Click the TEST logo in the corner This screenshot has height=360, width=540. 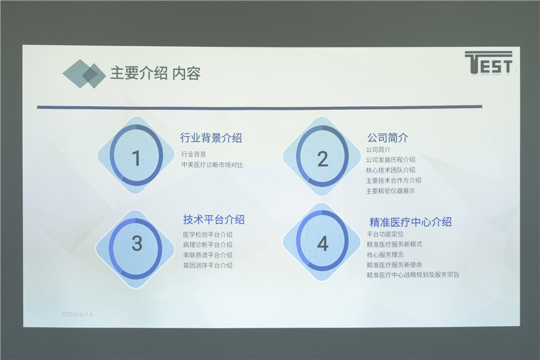[488, 62]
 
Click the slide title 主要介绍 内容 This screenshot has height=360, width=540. [155, 73]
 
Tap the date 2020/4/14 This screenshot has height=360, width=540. [77, 314]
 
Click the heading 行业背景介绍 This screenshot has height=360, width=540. [211, 138]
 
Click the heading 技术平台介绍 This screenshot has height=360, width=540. [214, 220]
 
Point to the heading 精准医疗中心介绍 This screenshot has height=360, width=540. [410, 222]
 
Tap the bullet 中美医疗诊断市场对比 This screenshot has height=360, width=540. [212, 165]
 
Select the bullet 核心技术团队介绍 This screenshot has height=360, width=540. [391, 170]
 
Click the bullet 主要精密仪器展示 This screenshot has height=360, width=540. [391, 191]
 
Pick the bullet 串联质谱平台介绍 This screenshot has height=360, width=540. [208, 255]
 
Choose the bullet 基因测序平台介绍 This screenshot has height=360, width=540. [208, 266]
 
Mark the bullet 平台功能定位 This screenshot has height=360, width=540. [385, 234]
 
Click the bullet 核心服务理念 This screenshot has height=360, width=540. [385, 255]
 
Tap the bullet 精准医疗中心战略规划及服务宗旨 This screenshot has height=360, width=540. [413, 275]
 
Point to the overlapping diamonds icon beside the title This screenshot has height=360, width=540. [84, 74]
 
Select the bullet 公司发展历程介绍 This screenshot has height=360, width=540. [391, 160]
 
